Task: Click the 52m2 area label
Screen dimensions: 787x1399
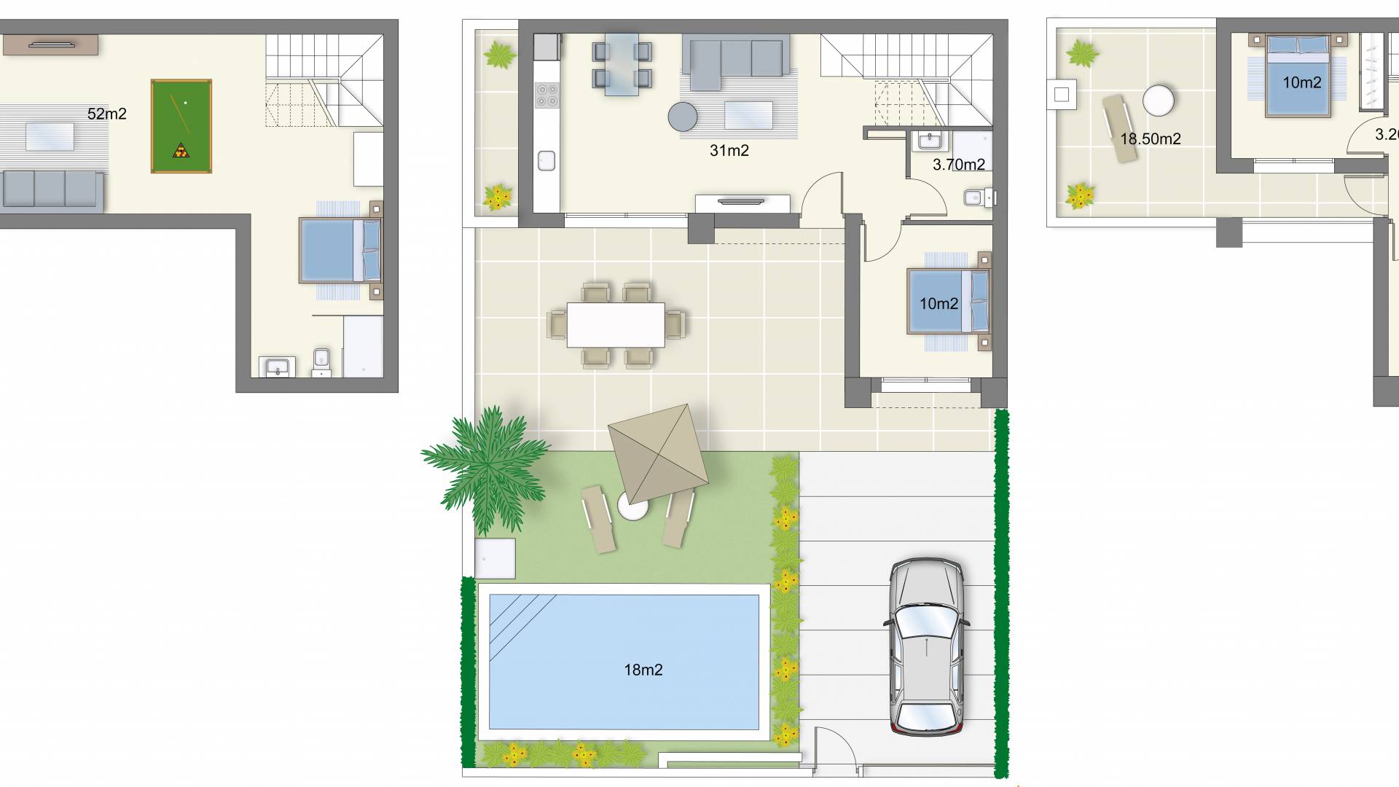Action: (106, 114)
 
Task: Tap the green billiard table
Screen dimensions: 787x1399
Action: (181, 125)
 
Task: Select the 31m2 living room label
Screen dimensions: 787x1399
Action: (729, 151)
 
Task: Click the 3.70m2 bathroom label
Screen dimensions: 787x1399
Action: (958, 165)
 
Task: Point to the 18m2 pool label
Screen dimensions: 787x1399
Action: (643, 670)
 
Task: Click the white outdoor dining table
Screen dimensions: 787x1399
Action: (616, 324)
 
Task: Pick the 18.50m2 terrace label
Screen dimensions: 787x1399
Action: (1150, 138)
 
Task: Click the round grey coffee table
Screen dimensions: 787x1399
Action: (683, 115)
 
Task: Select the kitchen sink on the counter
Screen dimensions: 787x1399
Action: (546, 160)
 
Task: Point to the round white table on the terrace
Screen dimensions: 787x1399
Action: (1158, 101)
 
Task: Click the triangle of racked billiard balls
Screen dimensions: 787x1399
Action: (179, 151)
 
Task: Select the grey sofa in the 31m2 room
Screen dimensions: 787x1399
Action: (735, 57)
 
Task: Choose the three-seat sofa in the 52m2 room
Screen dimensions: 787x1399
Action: (50, 189)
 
